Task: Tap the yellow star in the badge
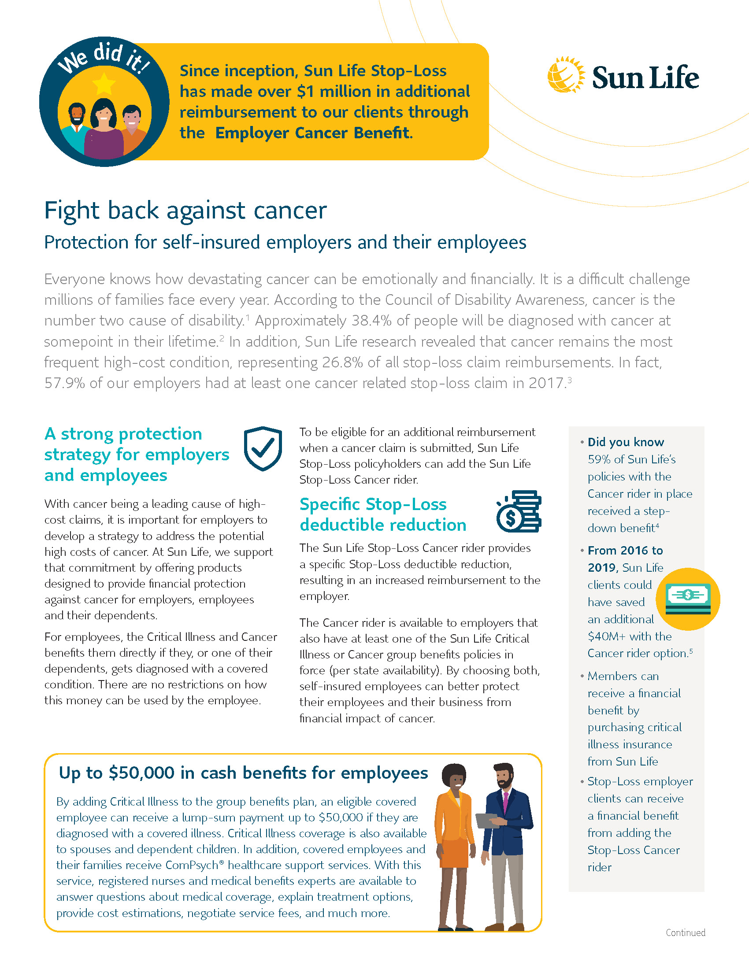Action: click(x=104, y=83)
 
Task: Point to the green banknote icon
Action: click(x=688, y=598)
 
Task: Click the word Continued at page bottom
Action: click(x=685, y=932)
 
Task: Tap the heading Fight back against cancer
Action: click(x=185, y=210)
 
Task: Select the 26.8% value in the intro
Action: click(x=342, y=362)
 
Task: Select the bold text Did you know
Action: click(x=625, y=442)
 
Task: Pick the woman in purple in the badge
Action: click(x=104, y=131)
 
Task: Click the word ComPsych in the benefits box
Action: click(x=191, y=865)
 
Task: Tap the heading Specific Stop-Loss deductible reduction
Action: click(x=382, y=514)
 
